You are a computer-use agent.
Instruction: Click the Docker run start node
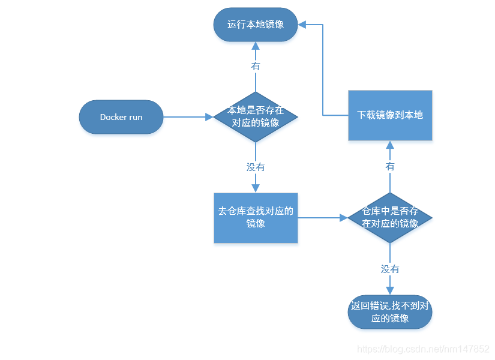click(121, 117)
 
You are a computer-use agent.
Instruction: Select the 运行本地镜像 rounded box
click(256, 25)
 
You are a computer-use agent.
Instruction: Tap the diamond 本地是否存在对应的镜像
click(256, 117)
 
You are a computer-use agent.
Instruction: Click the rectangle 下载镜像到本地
click(390, 115)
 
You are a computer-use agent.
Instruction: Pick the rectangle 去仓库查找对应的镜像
click(256, 217)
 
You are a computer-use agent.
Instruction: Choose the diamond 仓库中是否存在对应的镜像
click(390, 217)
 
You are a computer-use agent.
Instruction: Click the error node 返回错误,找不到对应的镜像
click(390, 312)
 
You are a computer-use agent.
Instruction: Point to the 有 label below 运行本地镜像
click(256, 66)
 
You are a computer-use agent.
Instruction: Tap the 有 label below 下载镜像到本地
click(390, 166)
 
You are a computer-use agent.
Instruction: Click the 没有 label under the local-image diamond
click(256, 167)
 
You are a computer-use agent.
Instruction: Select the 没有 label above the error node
click(390, 269)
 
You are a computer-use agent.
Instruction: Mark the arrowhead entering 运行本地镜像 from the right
click(303, 25)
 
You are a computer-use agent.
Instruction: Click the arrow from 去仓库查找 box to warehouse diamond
click(322, 217)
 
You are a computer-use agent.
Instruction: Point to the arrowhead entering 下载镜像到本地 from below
click(390, 145)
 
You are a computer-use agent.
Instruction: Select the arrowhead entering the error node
click(390, 290)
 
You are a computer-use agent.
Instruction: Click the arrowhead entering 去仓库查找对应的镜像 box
click(256, 188)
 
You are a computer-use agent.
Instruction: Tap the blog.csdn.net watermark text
click(423, 349)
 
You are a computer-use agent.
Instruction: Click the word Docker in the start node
click(113, 117)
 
